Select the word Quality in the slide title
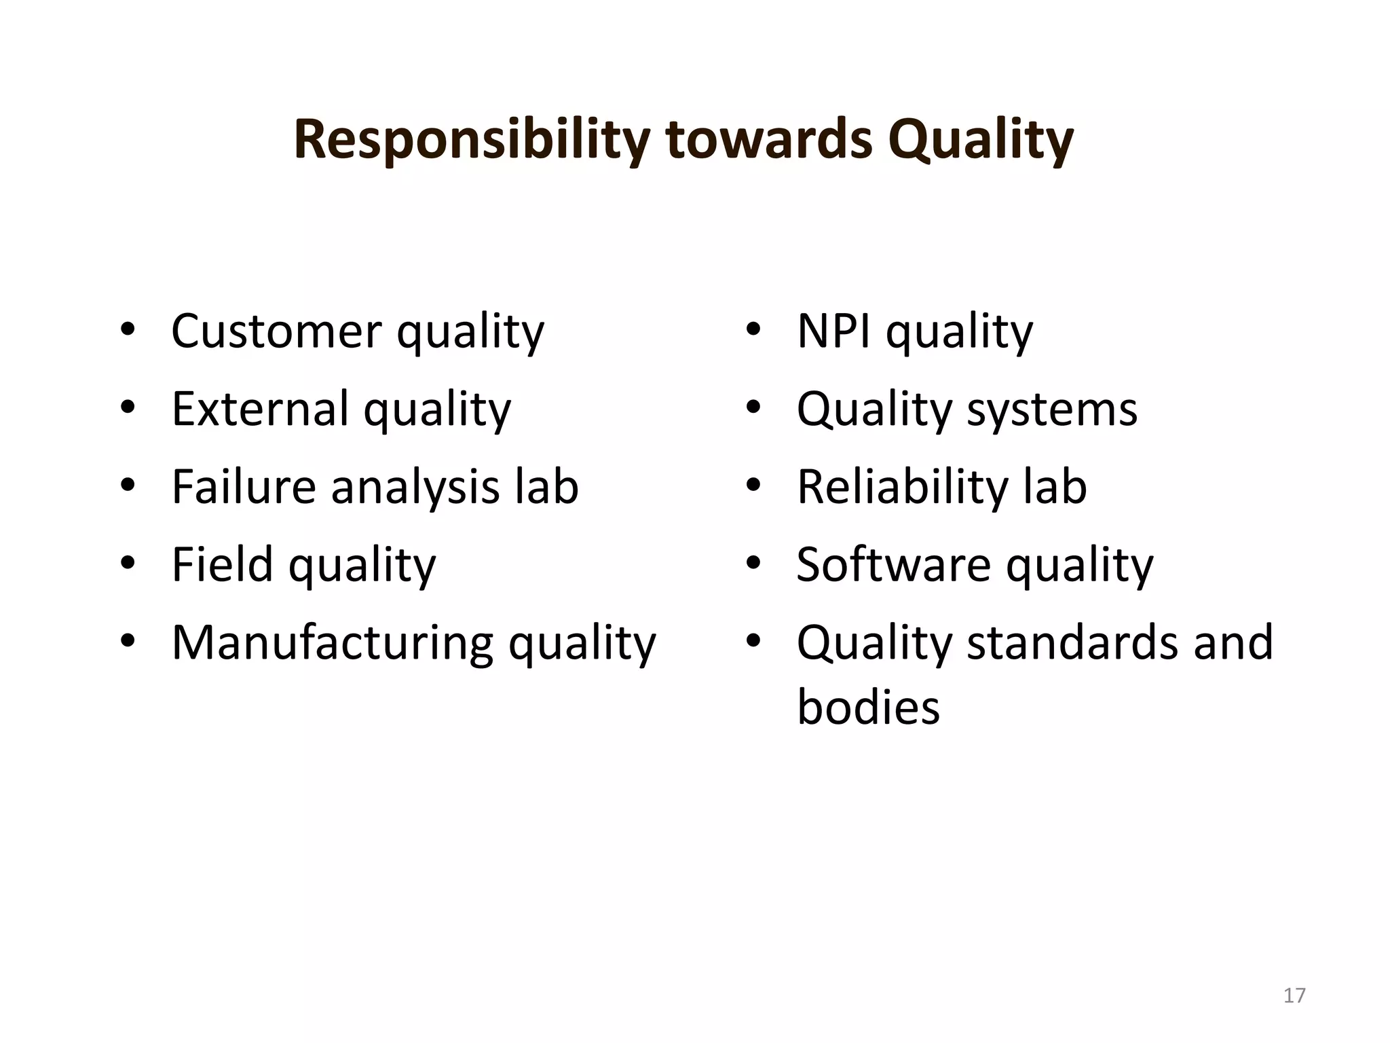point(980,141)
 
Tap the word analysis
point(415,488)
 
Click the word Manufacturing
point(333,642)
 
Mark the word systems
point(1051,410)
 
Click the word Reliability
point(902,488)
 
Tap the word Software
point(893,564)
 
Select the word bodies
point(868,707)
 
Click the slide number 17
point(1294,995)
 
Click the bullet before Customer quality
point(128,331)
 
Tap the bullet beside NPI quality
point(753,331)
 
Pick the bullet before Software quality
point(753,564)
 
